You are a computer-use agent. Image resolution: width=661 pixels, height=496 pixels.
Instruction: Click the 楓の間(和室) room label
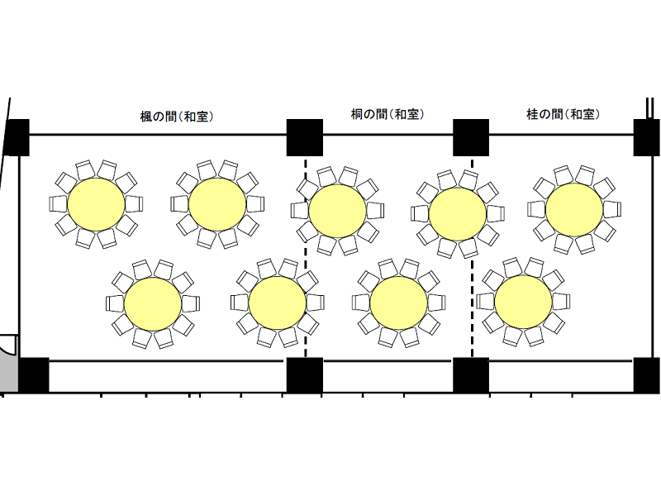pyautogui.click(x=177, y=116)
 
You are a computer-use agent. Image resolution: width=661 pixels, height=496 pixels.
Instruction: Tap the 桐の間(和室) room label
pyautogui.click(x=388, y=114)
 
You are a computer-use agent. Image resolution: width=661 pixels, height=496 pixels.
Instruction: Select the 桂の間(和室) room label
pyautogui.click(x=564, y=114)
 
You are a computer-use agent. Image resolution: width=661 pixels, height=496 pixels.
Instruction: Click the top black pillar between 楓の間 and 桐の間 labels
pyautogui.click(x=305, y=137)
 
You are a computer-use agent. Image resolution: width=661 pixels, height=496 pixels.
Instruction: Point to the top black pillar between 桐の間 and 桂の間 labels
pyautogui.click(x=471, y=137)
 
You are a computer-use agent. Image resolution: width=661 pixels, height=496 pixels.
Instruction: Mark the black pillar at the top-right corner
pyautogui.click(x=647, y=137)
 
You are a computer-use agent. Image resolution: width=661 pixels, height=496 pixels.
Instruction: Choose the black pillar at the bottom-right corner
pyautogui.click(x=647, y=375)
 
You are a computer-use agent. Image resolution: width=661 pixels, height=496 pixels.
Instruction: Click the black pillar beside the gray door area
pyautogui.click(x=34, y=375)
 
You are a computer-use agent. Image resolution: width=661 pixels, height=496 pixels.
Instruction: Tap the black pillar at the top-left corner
pyautogui.click(x=17, y=137)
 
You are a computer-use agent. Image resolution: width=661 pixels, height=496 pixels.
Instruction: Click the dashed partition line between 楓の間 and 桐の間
pyautogui.click(x=306, y=257)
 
